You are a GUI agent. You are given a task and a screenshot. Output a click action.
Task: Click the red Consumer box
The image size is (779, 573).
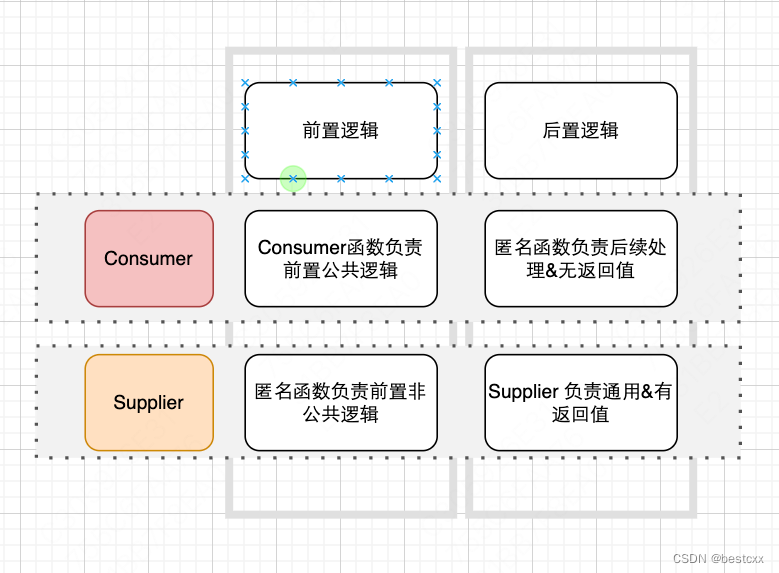[x=149, y=258]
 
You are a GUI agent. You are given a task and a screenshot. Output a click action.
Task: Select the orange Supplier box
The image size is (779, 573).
[x=149, y=403]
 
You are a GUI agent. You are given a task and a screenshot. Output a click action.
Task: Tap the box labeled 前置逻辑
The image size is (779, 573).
[x=341, y=130]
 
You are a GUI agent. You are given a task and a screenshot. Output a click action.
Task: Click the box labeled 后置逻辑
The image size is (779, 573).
[x=581, y=130]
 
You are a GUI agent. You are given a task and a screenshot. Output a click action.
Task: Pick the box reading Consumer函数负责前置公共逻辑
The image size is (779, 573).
[x=341, y=258]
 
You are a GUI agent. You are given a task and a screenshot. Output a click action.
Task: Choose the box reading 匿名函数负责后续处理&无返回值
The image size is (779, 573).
[x=581, y=258]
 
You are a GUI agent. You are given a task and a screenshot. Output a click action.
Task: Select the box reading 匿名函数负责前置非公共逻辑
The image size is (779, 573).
[x=341, y=403]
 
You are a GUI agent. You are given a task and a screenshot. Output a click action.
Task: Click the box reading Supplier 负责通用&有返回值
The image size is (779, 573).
[x=581, y=403]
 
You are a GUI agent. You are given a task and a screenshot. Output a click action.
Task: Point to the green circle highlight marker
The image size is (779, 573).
[x=293, y=179]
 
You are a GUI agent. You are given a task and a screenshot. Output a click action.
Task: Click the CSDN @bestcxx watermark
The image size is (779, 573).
[x=719, y=558]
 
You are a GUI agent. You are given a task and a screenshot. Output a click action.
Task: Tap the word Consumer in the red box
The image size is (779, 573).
[x=149, y=258]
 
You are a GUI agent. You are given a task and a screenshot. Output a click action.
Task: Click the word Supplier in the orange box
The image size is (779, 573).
[x=149, y=403]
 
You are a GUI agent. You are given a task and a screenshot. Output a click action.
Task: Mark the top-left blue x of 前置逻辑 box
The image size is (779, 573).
[x=245, y=82]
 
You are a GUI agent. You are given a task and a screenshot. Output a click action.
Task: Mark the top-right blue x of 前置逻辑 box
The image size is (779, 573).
[x=437, y=82]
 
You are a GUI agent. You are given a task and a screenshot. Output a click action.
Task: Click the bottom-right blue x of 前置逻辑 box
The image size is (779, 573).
[x=437, y=179]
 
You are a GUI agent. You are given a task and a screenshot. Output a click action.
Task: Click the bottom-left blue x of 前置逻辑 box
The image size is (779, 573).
[x=245, y=179]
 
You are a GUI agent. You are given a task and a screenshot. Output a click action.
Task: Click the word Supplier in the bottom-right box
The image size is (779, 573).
[x=522, y=392]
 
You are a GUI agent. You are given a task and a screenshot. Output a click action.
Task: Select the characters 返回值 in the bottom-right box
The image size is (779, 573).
[x=581, y=414]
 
